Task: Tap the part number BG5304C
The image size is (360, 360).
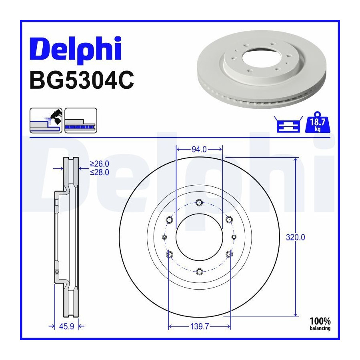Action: click(x=82, y=80)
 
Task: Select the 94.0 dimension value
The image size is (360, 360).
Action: click(x=199, y=150)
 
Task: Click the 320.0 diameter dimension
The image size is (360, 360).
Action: click(x=295, y=237)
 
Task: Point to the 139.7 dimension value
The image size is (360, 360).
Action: click(x=200, y=326)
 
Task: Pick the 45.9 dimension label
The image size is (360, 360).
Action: click(x=66, y=326)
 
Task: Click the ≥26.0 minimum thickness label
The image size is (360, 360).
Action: click(x=100, y=164)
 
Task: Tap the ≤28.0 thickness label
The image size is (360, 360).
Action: click(x=100, y=172)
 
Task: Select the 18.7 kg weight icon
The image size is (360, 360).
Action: click(x=318, y=122)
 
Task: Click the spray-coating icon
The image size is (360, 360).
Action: click(x=46, y=120)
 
